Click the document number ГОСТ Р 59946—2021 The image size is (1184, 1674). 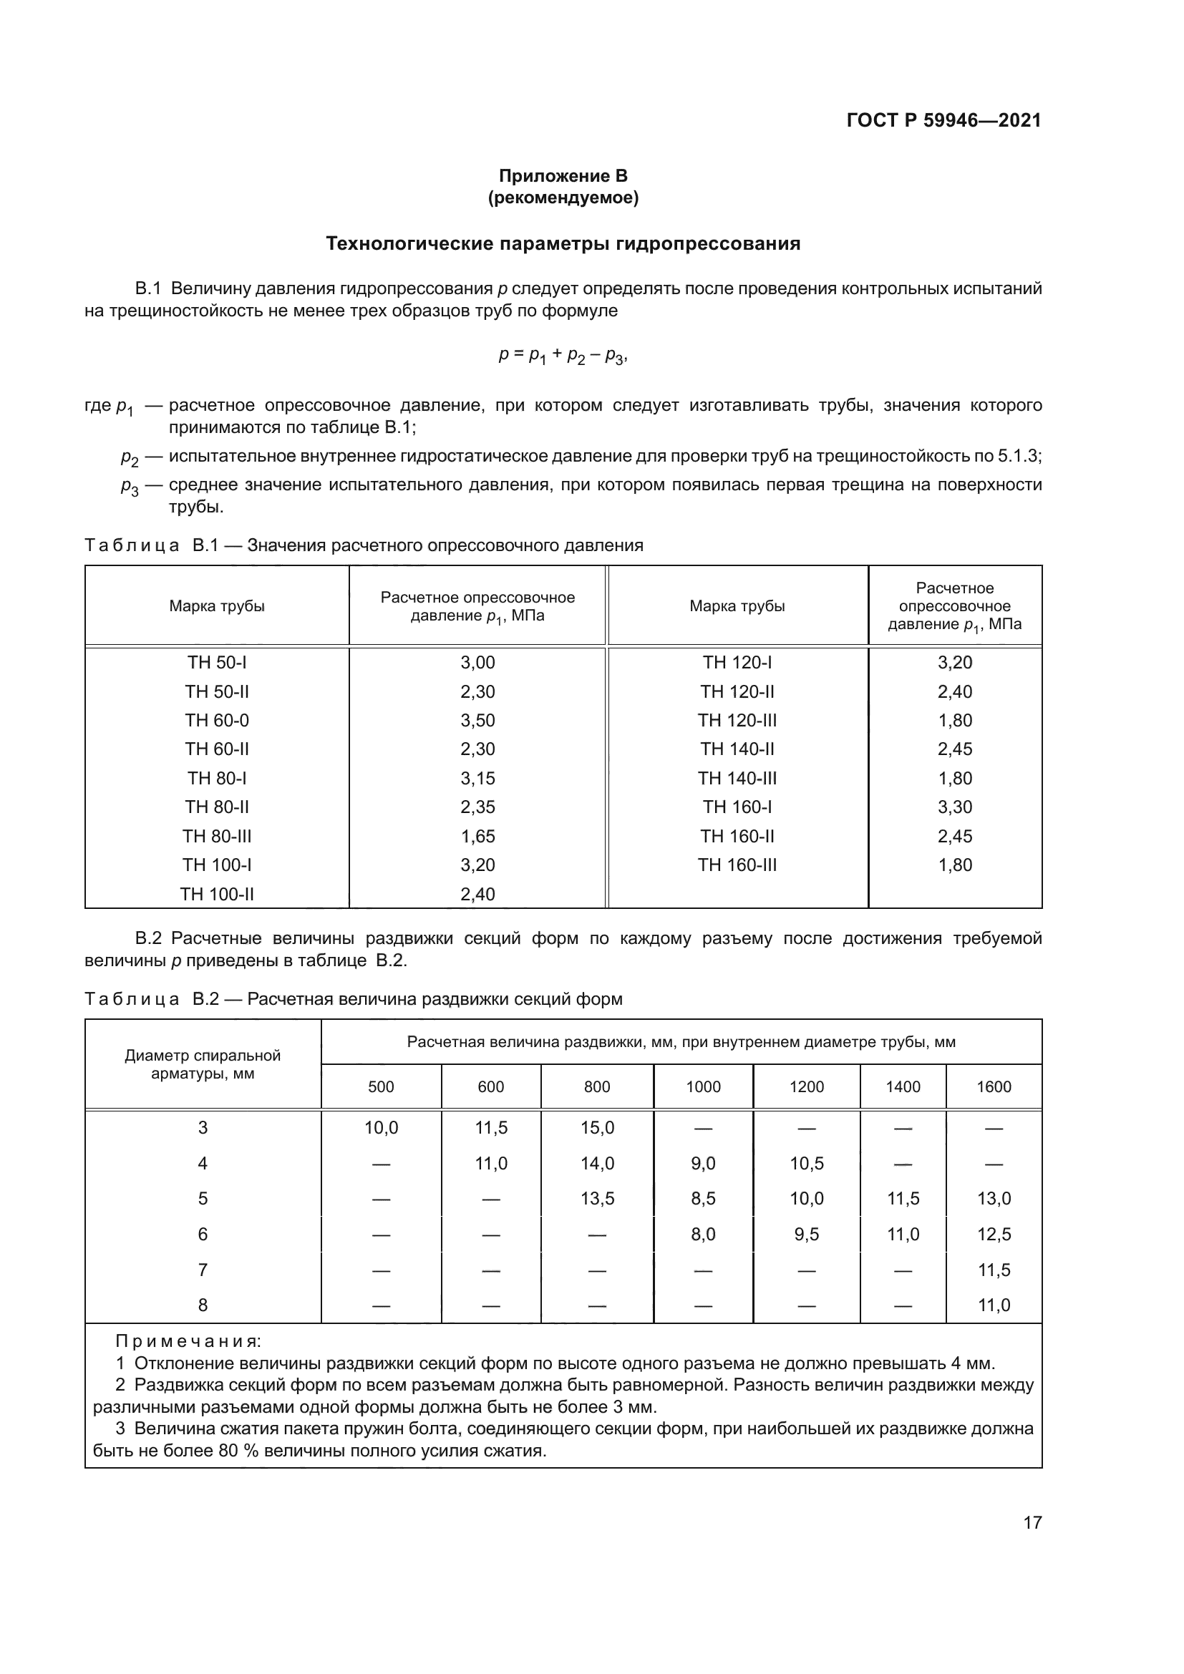(x=943, y=120)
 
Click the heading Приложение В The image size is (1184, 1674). (x=563, y=176)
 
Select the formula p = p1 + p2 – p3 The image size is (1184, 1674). (x=563, y=356)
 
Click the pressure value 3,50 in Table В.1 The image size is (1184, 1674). (x=477, y=721)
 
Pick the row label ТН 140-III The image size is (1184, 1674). (x=737, y=778)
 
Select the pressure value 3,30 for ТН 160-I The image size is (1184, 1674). (x=954, y=807)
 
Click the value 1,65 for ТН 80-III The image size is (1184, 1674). (x=477, y=836)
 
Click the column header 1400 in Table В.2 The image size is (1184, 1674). (x=903, y=1087)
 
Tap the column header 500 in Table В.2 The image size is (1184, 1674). (x=381, y=1087)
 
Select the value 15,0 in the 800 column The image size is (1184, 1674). (x=597, y=1128)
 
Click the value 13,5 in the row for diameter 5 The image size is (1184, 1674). (x=597, y=1199)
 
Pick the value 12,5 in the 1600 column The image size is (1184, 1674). (x=994, y=1235)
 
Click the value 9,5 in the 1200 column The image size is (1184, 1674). (x=806, y=1235)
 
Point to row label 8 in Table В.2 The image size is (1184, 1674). (x=203, y=1305)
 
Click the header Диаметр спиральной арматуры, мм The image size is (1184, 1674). (x=203, y=1064)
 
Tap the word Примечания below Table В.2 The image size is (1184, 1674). (x=188, y=1341)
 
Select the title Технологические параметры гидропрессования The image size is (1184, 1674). (x=563, y=243)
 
